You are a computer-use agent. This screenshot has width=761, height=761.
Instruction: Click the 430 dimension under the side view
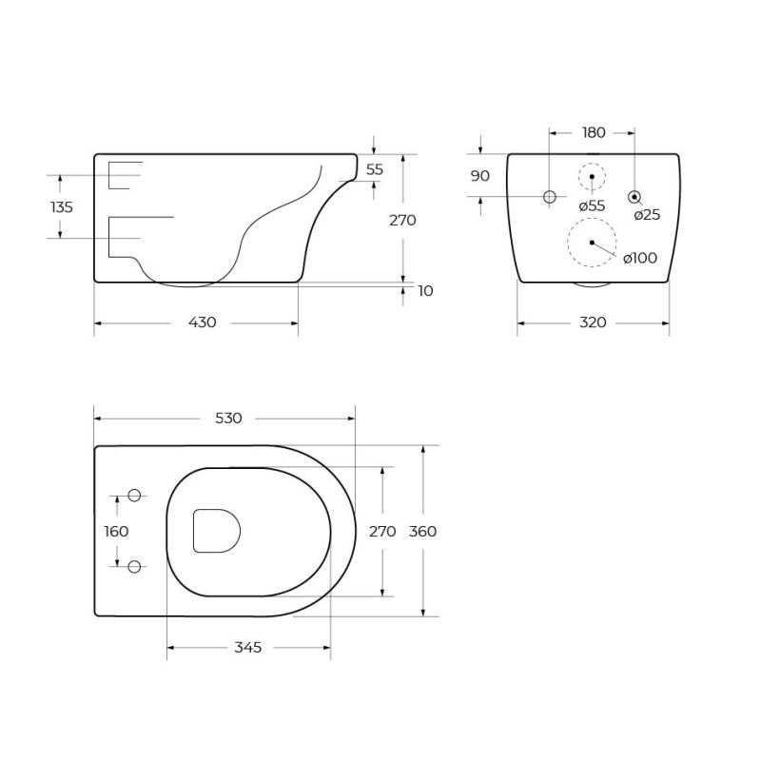point(202,322)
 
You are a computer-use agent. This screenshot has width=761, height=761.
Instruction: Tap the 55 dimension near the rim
point(374,169)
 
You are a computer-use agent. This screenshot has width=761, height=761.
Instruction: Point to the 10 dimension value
point(425,291)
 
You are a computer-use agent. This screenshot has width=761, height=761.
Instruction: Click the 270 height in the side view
point(402,220)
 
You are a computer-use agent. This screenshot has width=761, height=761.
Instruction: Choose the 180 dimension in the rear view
point(594,132)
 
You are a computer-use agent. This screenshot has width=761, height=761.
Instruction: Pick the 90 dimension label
point(479,176)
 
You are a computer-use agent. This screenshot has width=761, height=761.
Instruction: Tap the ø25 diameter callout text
point(647,215)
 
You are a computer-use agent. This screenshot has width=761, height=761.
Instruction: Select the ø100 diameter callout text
point(640,258)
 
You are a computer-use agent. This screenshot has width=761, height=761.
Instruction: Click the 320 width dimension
point(593,322)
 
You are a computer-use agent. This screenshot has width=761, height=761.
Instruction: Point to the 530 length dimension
point(228,418)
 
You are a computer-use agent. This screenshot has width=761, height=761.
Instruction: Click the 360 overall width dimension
point(422,532)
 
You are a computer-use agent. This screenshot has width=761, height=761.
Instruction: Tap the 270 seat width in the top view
point(381,532)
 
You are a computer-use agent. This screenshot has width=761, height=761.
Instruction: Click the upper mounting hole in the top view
point(134,496)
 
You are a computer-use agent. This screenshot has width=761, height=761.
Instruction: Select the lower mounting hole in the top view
point(134,567)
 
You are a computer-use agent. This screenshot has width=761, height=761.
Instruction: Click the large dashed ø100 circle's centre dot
point(592,243)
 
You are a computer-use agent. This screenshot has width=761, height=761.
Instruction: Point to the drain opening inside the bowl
point(216,531)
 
